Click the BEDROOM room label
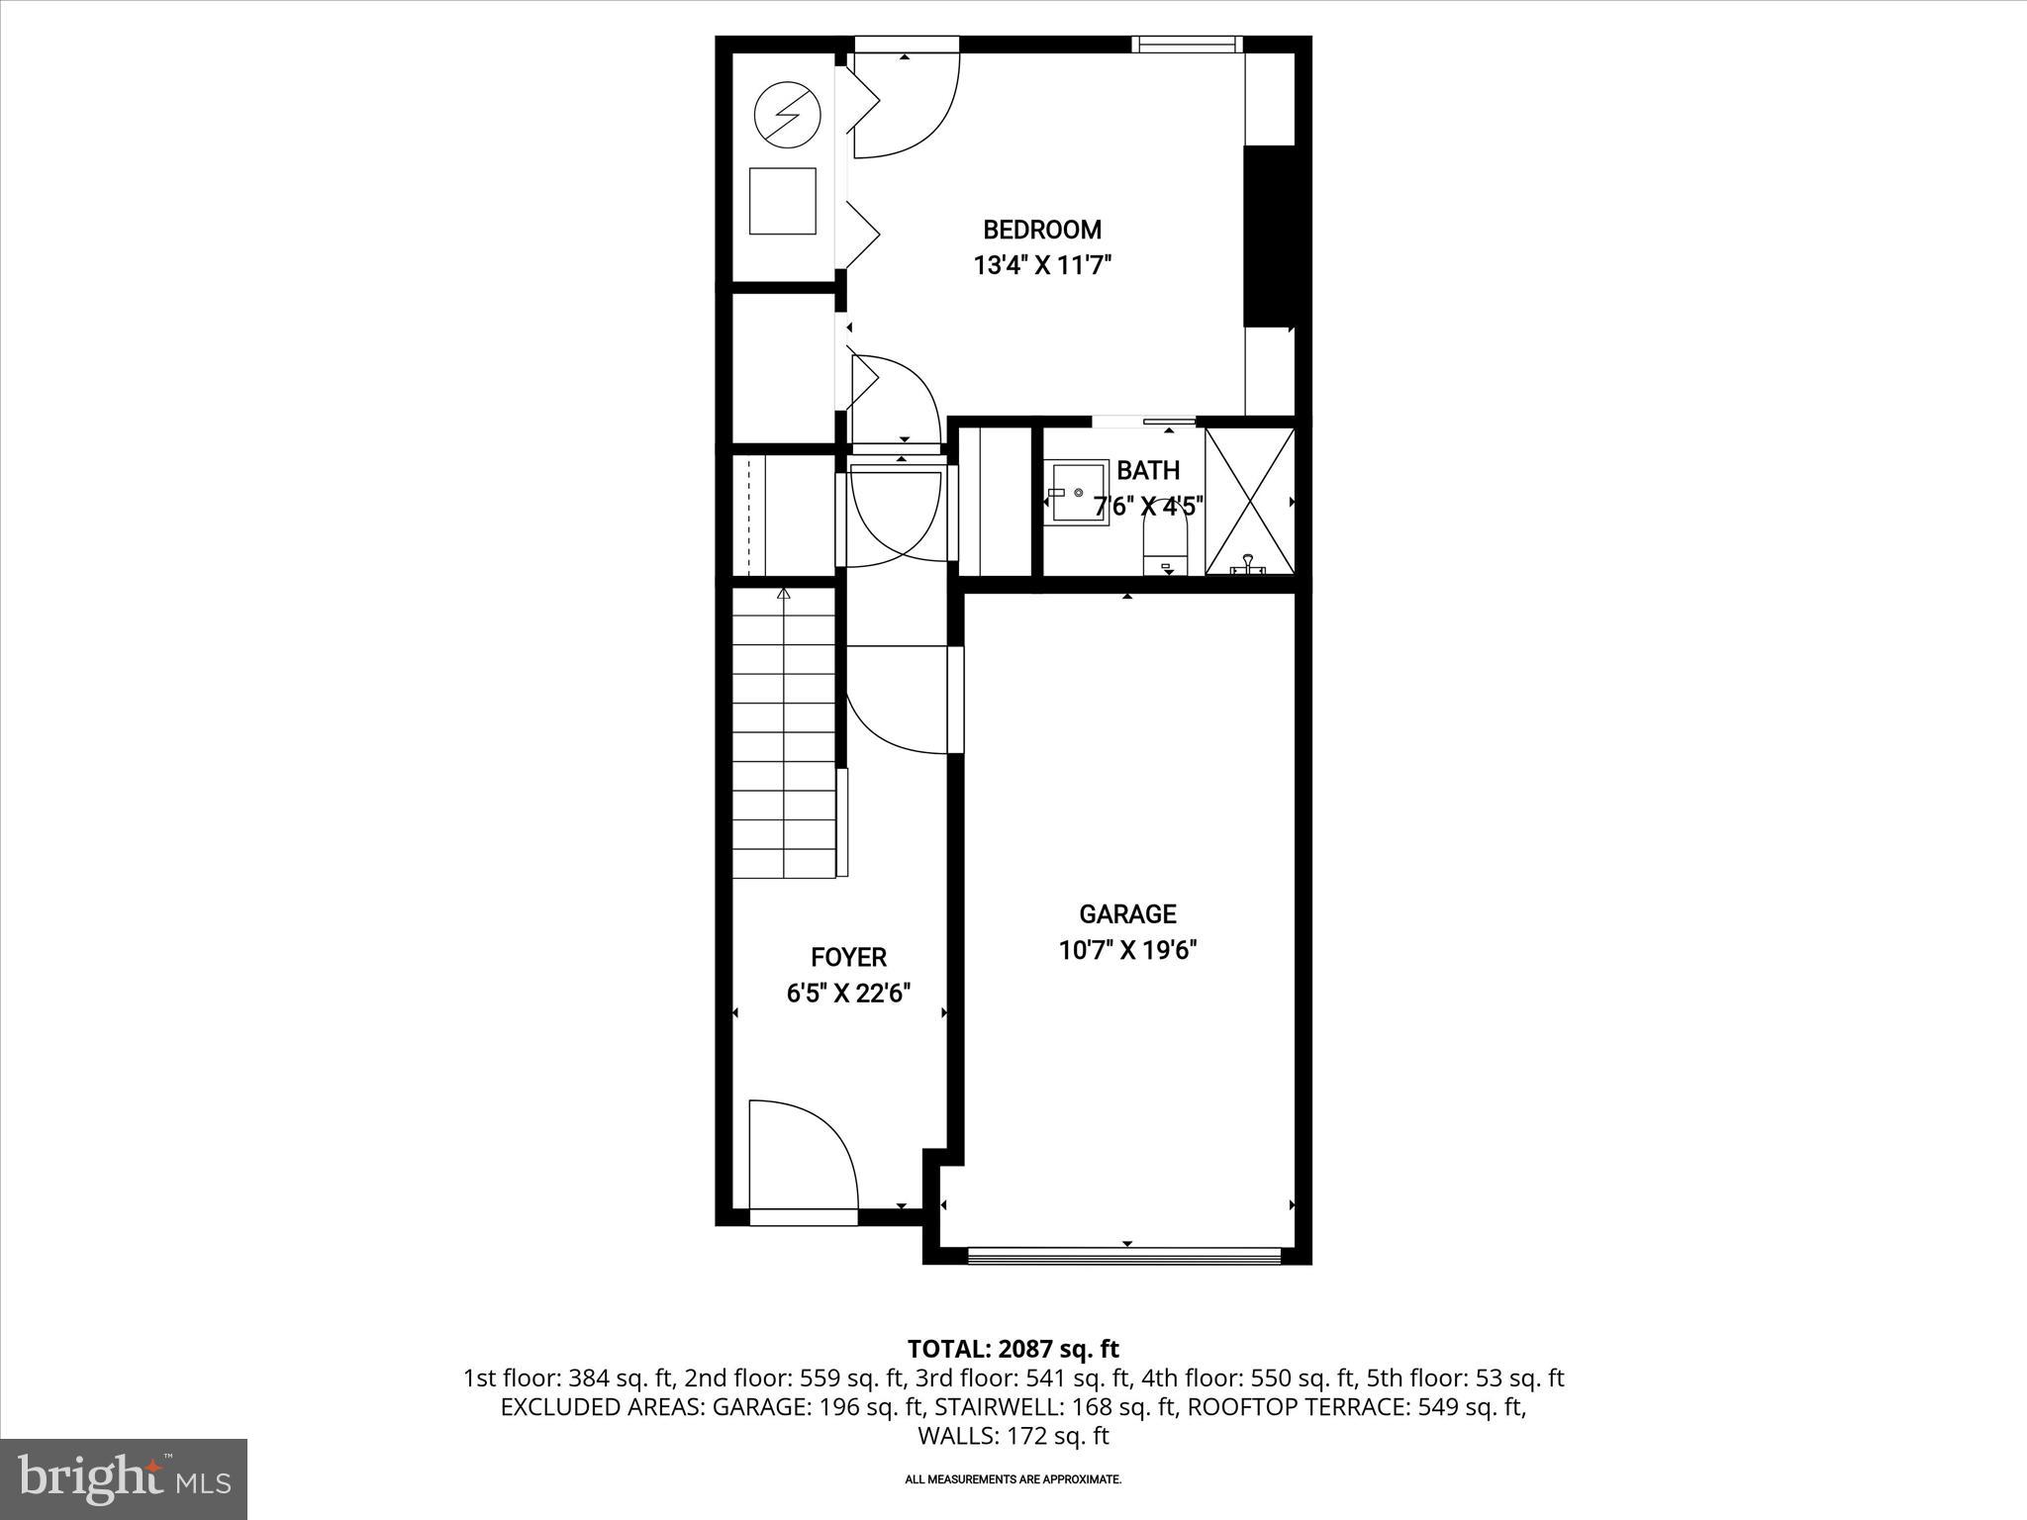point(1041,230)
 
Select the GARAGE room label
point(1127,913)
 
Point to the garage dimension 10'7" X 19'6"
point(1127,950)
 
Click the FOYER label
point(848,957)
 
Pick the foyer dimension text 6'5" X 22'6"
point(848,993)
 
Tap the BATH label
point(1148,470)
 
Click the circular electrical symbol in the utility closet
point(787,116)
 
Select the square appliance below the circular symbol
point(782,201)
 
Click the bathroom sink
point(1078,492)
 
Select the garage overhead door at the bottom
point(1123,1256)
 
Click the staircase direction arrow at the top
point(784,594)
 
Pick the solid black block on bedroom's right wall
point(1270,236)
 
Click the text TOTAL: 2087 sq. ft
point(1013,1349)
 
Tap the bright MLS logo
point(124,1478)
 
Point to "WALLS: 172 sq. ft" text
point(1013,1436)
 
